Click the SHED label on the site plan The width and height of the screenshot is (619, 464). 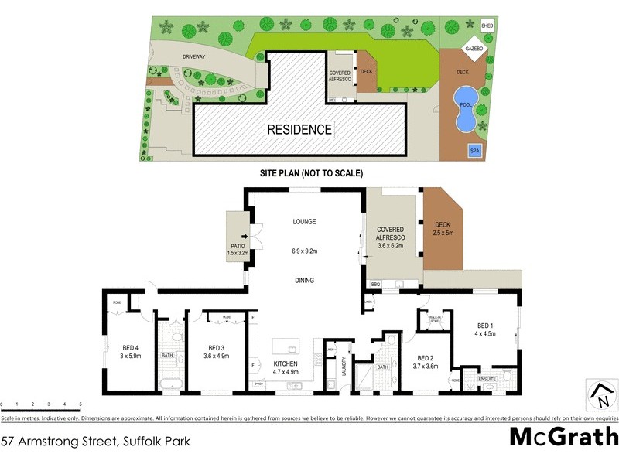[487, 25]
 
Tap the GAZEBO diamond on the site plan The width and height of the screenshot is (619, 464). [474, 49]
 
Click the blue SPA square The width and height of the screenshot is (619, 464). [474, 151]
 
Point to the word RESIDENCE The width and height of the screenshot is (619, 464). [299, 130]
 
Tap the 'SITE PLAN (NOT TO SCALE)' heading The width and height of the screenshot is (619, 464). [311, 173]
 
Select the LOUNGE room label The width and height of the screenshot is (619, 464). [304, 222]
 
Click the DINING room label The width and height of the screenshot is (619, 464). [304, 281]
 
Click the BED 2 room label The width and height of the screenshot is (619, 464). [426, 363]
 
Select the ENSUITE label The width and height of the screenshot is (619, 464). [487, 379]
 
